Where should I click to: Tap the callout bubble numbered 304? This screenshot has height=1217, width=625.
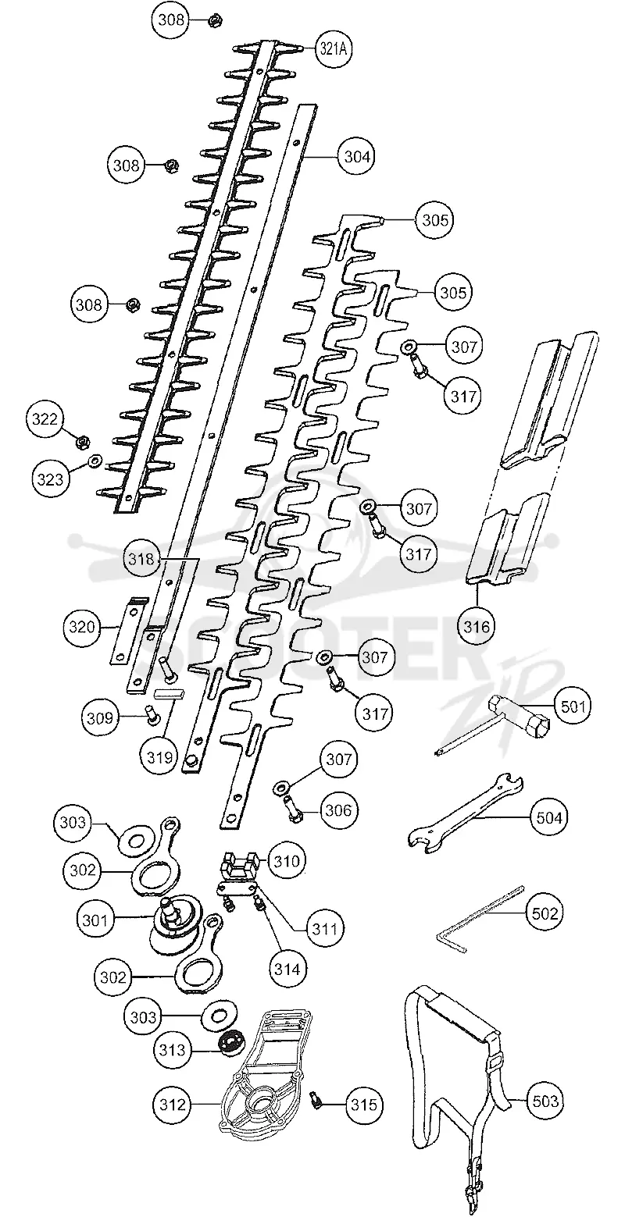tap(357, 156)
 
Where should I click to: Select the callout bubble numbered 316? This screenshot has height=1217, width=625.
tap(477, 626)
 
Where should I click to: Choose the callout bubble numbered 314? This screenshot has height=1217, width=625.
tap(287, 968)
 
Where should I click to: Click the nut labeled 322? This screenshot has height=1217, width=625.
tap(84, 441)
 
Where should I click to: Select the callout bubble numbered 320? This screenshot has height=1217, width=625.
tap(81, 627)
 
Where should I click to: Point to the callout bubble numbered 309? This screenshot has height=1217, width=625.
tap(100, 718)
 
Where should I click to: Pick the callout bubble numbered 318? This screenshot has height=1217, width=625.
tap(141, 558)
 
